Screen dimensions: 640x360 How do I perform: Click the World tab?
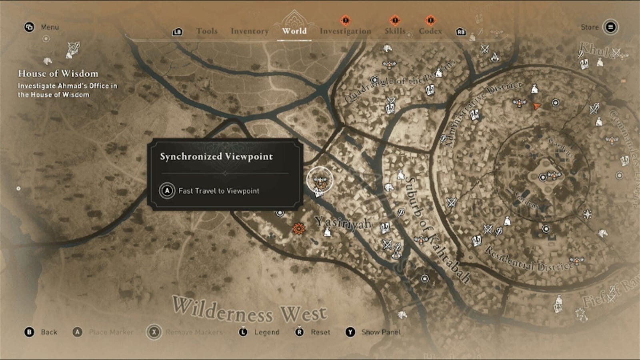(x=294, y=31)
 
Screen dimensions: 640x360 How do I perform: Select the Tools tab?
(x=207, y=31)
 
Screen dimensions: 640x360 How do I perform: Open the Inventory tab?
(x=250, y=31)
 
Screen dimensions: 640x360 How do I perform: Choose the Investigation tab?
(x=345, y=31)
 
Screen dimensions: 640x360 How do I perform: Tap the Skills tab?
(x=395, y=31)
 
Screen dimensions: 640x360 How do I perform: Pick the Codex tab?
(x=430, y=31)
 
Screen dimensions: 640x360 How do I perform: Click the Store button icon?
(x=610, y=27)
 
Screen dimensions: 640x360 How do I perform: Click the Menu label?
(x=50, y=27)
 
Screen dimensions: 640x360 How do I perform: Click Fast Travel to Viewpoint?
(x=218, y=191)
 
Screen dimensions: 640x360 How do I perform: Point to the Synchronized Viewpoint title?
(x=216, y=156)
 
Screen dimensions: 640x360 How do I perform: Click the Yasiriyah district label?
(x=343, y=223)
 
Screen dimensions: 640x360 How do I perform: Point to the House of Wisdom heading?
(x=58, y=74)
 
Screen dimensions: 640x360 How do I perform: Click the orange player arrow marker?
(x=536, y=106)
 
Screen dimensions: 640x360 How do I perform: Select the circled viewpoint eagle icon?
(x=320, y=180)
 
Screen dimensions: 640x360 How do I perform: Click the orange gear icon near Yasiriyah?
(x=298, y=229)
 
